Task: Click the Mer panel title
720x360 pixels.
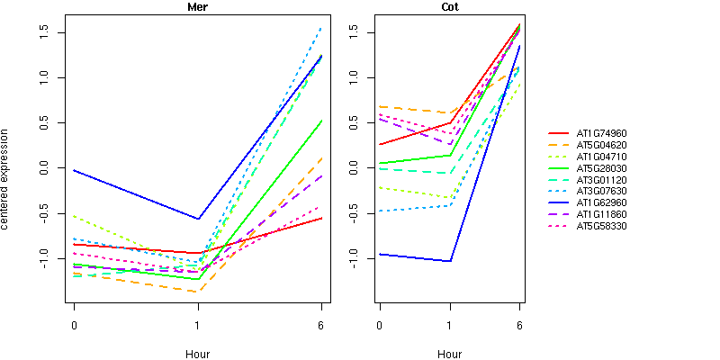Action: tap(197, 7)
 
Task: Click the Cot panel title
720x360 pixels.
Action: tap(449, 7)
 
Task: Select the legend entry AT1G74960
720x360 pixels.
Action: tap(601, 132)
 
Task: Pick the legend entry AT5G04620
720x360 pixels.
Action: tap(601, 144)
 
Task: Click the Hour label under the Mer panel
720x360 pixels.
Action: tap(197, 354)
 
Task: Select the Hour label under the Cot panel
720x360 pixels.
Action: tap(449, 354)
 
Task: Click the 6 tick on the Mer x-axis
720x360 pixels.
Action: tap(321, 324)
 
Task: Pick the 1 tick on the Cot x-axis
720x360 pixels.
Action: tap(450, 324)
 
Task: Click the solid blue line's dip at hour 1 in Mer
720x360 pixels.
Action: tap(198, 219)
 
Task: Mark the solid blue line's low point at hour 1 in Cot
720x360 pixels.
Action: tap(450, 261)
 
